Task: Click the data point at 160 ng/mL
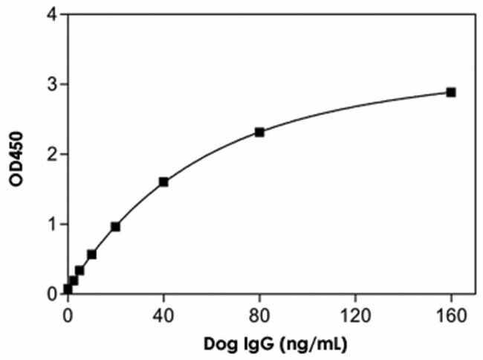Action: point(450,92)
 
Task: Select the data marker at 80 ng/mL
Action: point(259,132)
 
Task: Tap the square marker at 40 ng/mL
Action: point(163,181)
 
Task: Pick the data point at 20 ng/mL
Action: point(115,226)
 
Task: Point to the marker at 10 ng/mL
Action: point(91,254)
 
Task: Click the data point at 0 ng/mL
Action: point(68,289)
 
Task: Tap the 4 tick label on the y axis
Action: point(53,15)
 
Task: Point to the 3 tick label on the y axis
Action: point(53,85)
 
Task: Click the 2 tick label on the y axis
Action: point(53,155)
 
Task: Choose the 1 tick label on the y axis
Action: point(53,224)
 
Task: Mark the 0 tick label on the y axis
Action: point(53,294)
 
